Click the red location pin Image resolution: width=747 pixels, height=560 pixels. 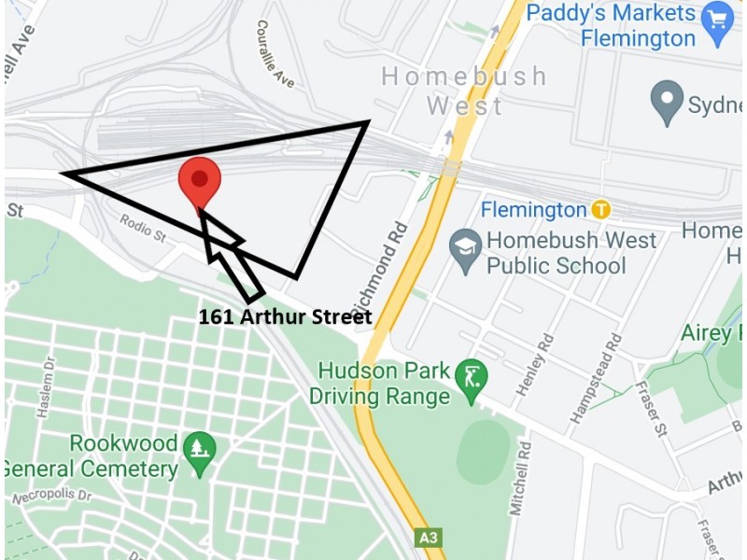tap(199, 181)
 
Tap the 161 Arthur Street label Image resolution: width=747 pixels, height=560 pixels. tap(285, 317)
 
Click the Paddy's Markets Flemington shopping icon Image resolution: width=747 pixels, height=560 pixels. tap(717, 26)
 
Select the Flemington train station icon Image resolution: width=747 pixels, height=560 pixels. tap(601, 210)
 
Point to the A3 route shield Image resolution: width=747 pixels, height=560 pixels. tap(427, 539)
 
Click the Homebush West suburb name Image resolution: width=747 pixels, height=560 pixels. tap(464, 90)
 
